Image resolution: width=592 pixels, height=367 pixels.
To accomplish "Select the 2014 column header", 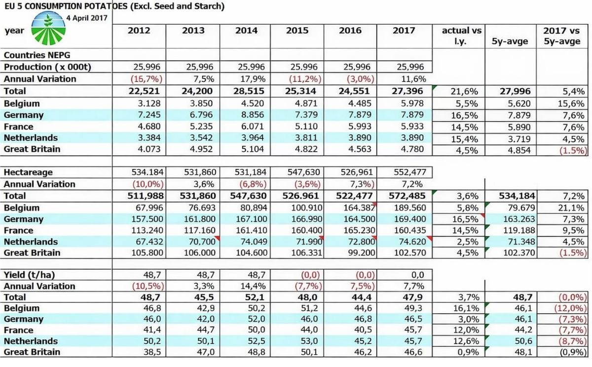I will click(x=246, y=31).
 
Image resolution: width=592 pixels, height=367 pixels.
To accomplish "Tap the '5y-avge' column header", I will click(x=510, y=41).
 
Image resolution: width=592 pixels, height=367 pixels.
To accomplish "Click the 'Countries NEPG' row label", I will click(x=37, y=55).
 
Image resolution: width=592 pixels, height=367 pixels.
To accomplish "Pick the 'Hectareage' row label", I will click(x=28, y=172).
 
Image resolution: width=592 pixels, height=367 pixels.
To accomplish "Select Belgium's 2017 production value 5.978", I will click(x=407, y=104).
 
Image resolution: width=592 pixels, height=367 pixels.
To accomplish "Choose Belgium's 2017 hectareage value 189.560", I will click(x=407, y=208).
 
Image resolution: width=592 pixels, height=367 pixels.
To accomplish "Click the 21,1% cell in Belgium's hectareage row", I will click(x=571, y=208).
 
